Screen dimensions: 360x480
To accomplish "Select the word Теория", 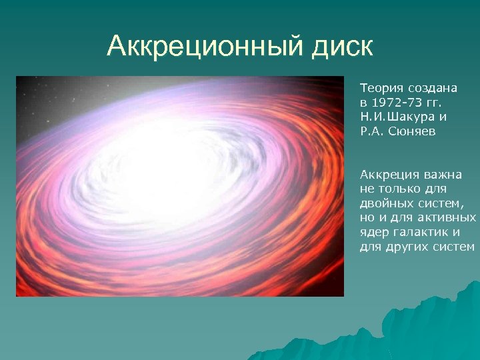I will pos(379,87).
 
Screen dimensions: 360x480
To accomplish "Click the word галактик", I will pos(420,233).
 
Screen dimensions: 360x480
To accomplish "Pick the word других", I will pos(407,247).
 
